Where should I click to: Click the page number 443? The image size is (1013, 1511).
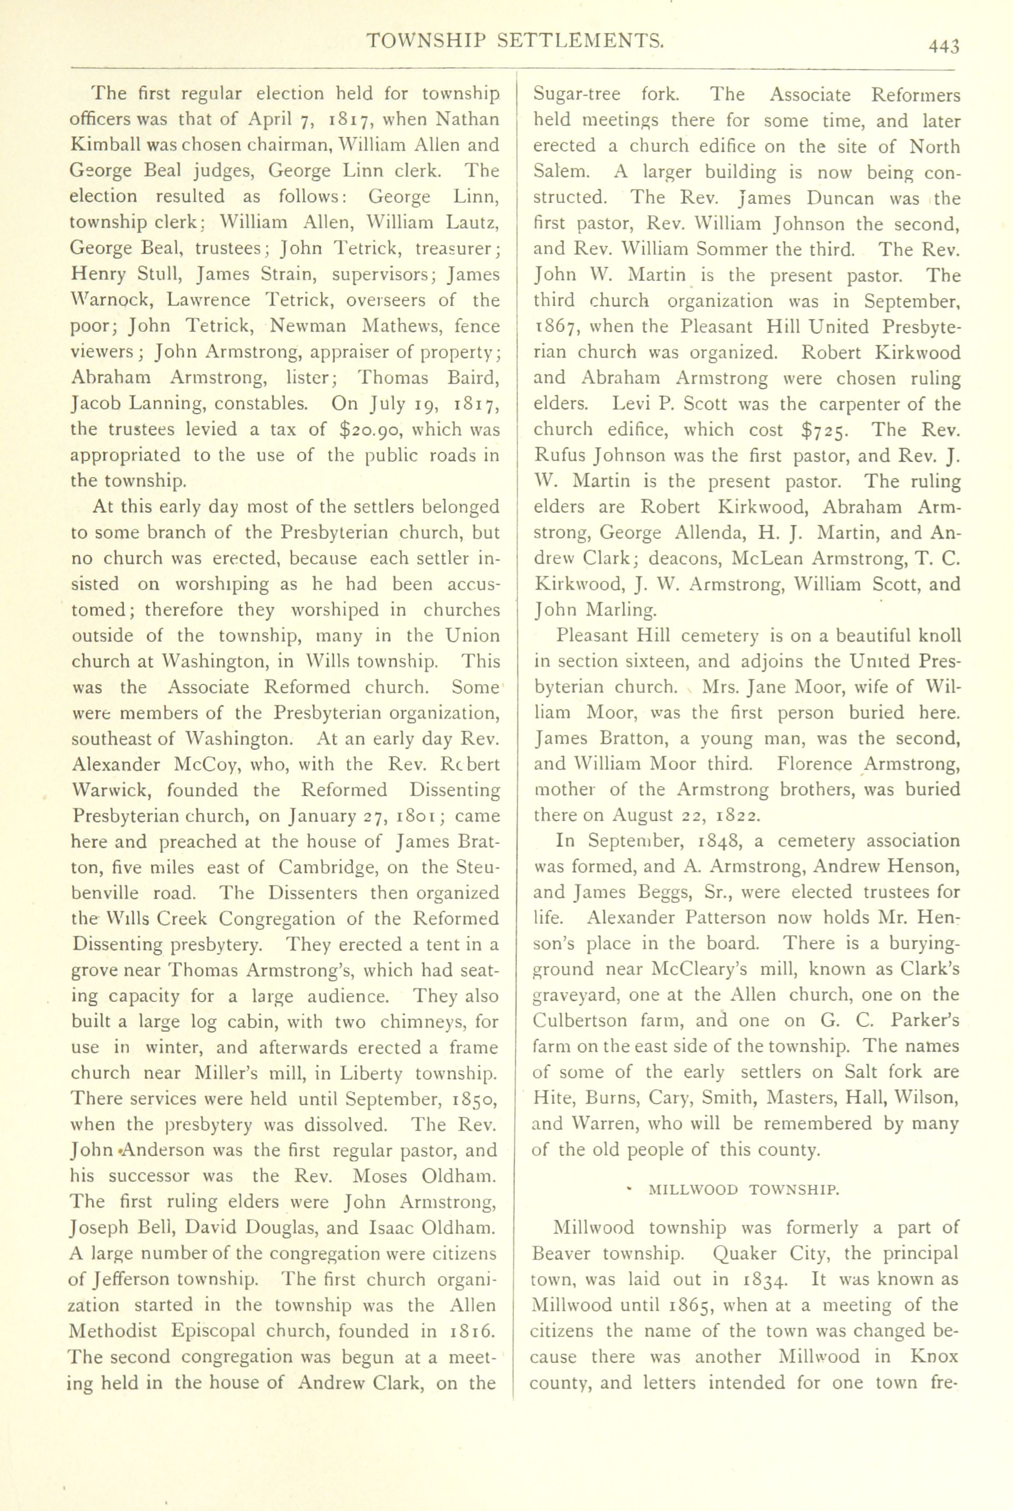pyautogui.click(x=944, y=46)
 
